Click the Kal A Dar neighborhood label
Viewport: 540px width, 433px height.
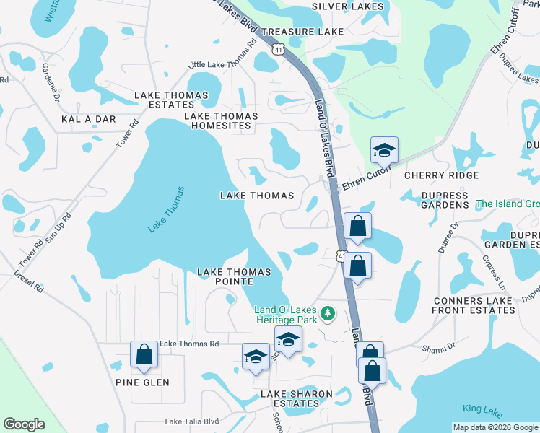(x=89, y=118)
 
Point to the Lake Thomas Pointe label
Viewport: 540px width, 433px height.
(x=235, y=272)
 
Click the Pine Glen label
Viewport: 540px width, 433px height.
(x=142, y=382)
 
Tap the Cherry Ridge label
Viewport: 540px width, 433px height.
(x=441, y=175)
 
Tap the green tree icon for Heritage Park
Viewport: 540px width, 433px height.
(x=328, y=312)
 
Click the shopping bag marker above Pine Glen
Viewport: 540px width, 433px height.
(x=144, y=354)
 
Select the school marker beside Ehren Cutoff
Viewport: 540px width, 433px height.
(x=383, y=150)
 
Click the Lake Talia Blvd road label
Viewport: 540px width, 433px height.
(x=191, y=422)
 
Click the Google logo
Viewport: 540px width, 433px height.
(x=24, y=424)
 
